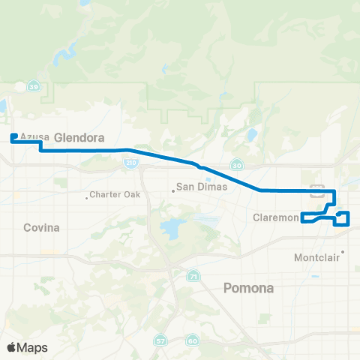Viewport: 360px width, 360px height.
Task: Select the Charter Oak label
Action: click(115, 196)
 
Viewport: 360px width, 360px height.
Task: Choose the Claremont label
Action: click(274, 218)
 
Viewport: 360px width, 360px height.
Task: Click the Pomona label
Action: click(250, 288)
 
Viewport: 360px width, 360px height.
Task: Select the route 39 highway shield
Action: click(33, 87)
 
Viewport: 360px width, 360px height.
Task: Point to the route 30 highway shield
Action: click(237, 165)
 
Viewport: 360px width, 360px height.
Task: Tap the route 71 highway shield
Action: click(193, 276)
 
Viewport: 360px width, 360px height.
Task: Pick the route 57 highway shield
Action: click(161, 341)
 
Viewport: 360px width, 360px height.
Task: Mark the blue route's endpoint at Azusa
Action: click(14, 136)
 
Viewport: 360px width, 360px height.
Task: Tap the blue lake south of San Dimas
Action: click(172, 226)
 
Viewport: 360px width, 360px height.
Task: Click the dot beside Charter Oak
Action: click(86, 197)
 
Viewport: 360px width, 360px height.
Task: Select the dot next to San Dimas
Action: click(173, 190)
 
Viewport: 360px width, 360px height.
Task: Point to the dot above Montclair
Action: click(343, 252)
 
